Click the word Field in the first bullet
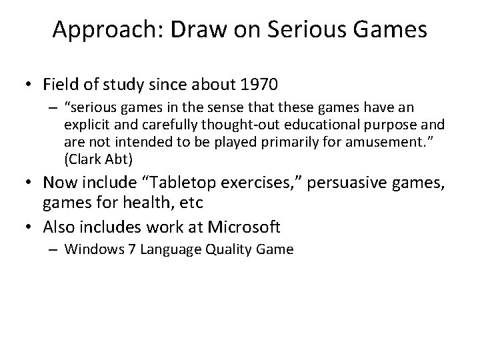tap(59, 85)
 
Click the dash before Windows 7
tap(55, 251)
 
